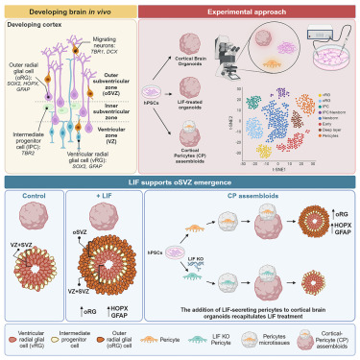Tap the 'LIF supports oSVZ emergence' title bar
pyautogui.click(x=180, y=181)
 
